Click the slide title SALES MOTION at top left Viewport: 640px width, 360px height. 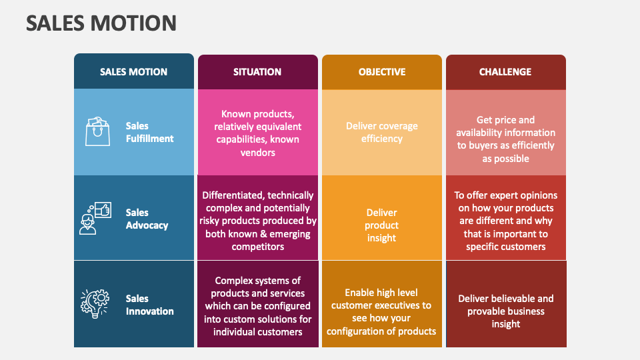click(x=101, y=23)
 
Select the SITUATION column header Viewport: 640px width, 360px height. click(x=257, y=72)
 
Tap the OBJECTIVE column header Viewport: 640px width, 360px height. click(x=382, y=72)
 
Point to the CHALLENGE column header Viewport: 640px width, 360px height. click(x=505, y=72)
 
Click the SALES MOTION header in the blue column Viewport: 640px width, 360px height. click(x=133, y=72)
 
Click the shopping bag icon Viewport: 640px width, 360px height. click(x=97, y=131)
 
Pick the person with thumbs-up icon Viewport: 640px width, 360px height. click(x=95, y=219)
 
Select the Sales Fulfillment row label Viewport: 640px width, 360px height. click(x=149, y=132)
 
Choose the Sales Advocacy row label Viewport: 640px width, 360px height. click(x=147, y=219)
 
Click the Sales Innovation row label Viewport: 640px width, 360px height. click(x=149, y=305)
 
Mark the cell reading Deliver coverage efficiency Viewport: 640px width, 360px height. click(x=382, y=132)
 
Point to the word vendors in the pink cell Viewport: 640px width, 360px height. click(x=257, y=153)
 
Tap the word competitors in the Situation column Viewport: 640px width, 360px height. click(x=257, y=247)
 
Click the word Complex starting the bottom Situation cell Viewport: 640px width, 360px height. click(x=232, y=281)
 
